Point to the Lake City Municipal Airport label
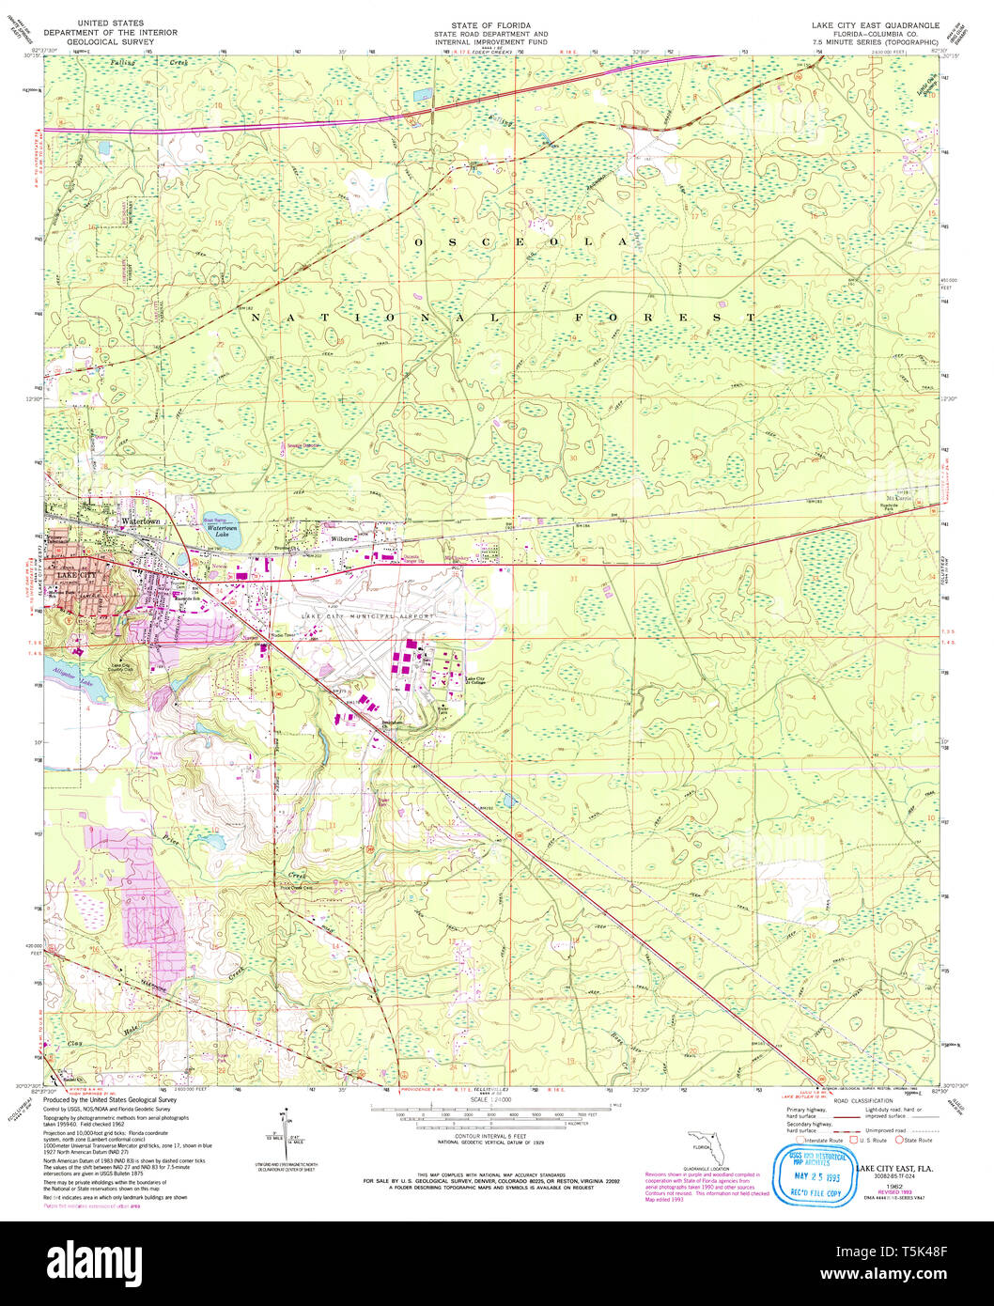368,615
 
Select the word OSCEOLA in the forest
518,242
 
